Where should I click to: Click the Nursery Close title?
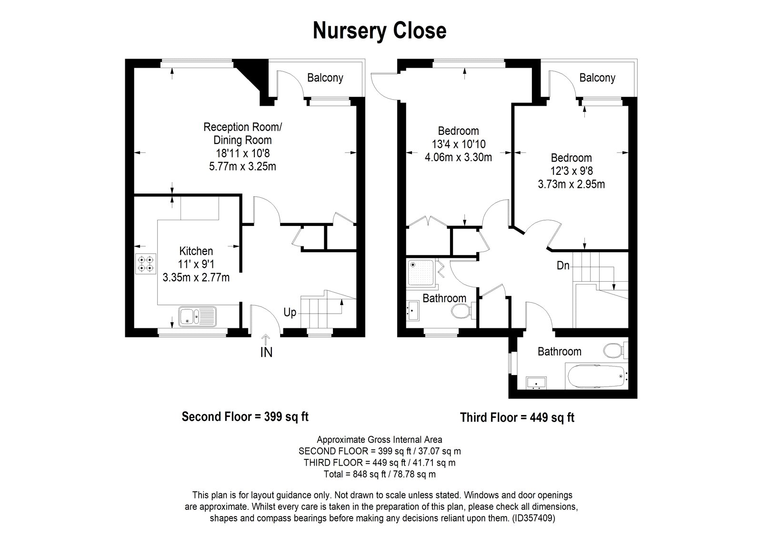[380, 31]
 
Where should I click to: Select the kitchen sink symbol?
[197, 316]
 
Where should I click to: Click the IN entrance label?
[266, 353]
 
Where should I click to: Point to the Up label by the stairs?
[290, 313]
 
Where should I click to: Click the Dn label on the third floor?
[563, 265]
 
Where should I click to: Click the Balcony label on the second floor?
[325, 78]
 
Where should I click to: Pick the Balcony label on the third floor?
[597, 78]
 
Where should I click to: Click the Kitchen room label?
[196, 251]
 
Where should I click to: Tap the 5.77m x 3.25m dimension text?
[242, 166]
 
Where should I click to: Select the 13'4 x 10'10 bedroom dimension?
[458, 144]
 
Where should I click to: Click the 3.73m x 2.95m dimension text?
[571, 184]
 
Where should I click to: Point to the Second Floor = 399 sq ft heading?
[245, 417]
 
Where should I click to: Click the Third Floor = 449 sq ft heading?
[517, 417]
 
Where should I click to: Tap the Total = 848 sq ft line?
[379, 474]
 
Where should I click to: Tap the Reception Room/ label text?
[242, 127]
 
